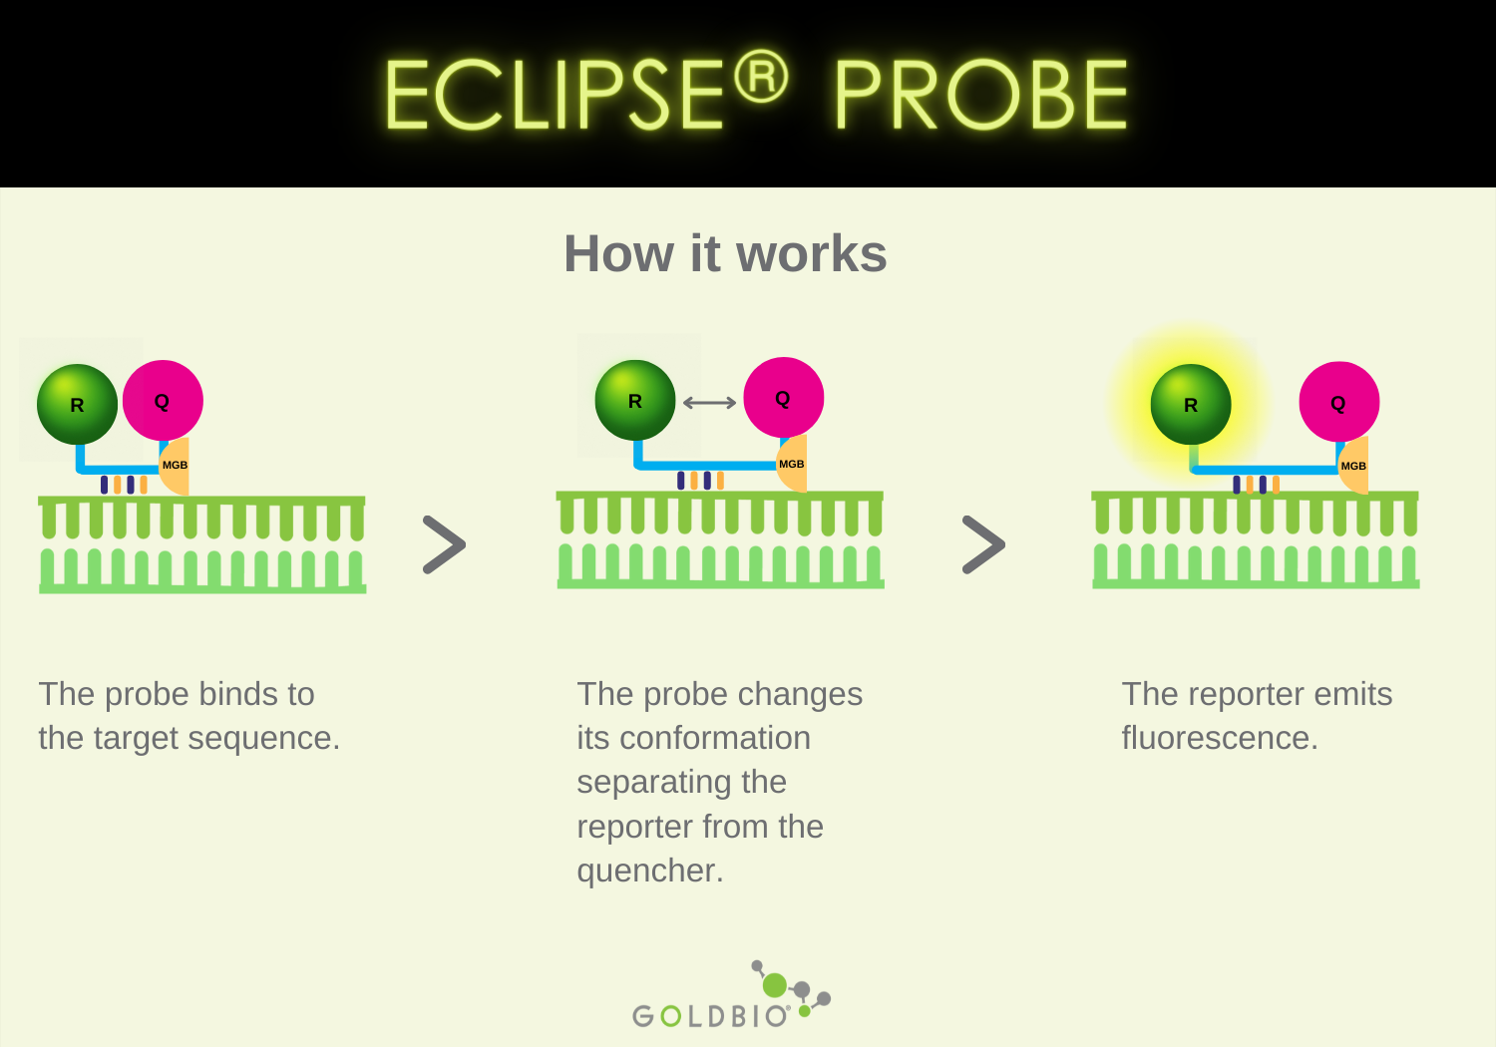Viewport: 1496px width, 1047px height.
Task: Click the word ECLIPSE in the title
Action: coord(555,95)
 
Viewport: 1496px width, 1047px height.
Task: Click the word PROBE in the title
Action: coord(981,95)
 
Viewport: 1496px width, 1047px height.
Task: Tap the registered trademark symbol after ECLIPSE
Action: coord(762,76)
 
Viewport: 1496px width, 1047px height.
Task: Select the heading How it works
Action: coord(725,253)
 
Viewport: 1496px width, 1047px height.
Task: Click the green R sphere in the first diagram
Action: coord(78,404)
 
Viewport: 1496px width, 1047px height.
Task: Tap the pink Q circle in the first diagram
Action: coord(163,401)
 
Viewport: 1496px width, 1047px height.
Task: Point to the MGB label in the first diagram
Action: coord(175,466)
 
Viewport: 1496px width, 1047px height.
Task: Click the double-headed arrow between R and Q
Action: coord(709,403)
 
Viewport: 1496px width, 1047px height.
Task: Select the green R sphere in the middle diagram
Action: coord(635,401)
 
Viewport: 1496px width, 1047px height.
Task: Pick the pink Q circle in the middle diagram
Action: coord(784,398)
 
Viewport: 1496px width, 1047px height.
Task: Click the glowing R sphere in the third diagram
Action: coord(1191,405)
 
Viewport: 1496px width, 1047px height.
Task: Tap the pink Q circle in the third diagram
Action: coord(1338,403)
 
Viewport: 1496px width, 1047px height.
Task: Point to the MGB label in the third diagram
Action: coord(1353,467)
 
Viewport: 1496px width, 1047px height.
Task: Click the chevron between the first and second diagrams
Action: coord(444,544)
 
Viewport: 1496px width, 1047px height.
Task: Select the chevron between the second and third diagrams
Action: coord(983,544)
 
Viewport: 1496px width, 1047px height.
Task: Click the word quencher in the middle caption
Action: coord(649,871)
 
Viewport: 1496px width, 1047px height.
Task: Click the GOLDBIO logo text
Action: coord(711,1016)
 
